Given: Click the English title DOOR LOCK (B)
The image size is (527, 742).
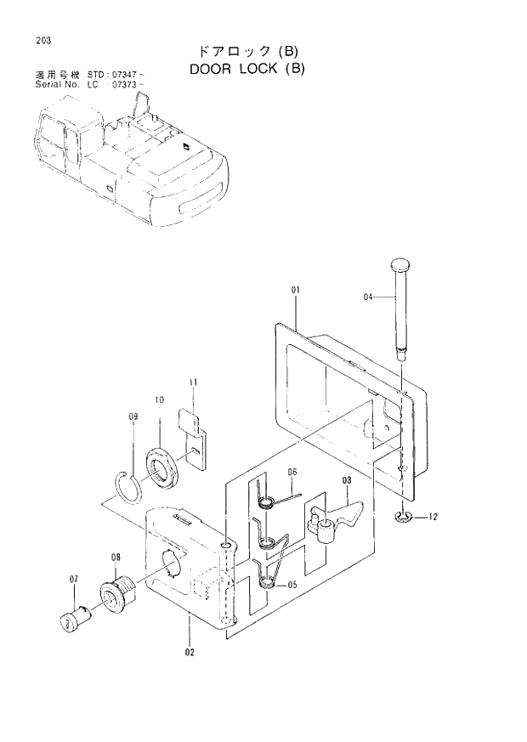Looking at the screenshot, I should (246, 69).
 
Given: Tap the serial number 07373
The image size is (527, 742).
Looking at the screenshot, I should (123, 86).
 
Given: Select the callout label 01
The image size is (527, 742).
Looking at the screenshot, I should (296, 291).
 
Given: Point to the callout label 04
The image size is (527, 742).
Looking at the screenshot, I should (368, 297).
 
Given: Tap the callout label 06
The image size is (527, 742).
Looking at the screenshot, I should (291, 473).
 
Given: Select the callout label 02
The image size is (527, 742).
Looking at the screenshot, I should (189, 653).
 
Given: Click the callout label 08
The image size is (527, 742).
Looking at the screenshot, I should (116, 558).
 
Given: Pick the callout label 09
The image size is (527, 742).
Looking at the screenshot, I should (133, 416).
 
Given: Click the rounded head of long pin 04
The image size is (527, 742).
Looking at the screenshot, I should (400, 265).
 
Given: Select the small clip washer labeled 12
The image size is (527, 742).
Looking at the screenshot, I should (403, 517).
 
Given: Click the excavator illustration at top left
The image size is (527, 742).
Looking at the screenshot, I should (127, 161).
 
